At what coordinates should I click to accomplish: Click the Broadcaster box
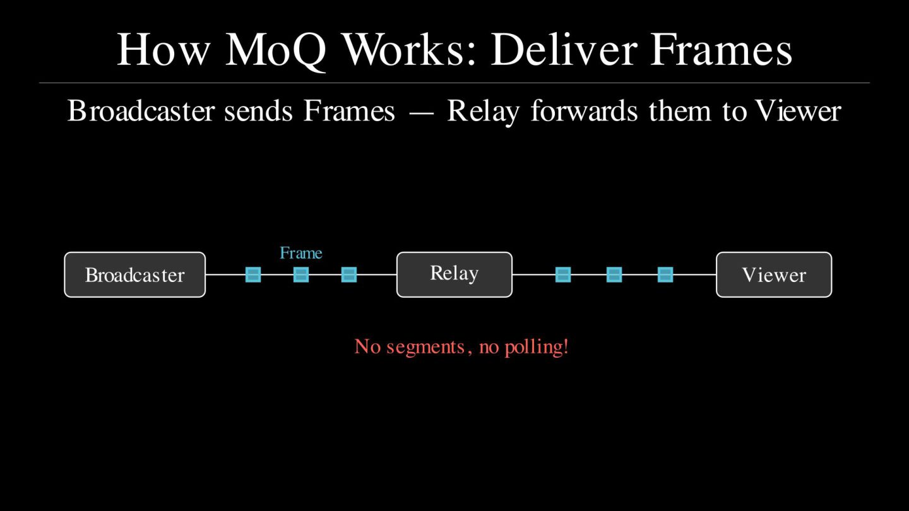click(x=134, y=274)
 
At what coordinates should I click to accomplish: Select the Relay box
click(x=454, y=274)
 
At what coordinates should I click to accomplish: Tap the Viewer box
click(x=773, y=274)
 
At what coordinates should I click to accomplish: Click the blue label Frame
click(x=300, y=253)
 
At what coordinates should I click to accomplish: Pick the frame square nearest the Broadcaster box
click(x=253, y=274)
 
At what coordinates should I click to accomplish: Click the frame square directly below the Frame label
click(x=301, y=274)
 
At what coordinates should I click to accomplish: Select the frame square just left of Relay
click(x=349, y=274)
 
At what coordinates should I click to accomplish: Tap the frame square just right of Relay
click(x=563, y=274)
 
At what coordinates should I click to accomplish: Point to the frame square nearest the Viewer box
click(x=665, y=274)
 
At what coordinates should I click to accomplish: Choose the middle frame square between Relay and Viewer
click(x=614, y=274)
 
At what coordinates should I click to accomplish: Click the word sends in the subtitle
click(x=258, y=111)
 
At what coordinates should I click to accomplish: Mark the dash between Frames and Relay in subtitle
click(x=421, y=112)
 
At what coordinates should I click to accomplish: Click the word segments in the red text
click(x=428, y=346)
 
